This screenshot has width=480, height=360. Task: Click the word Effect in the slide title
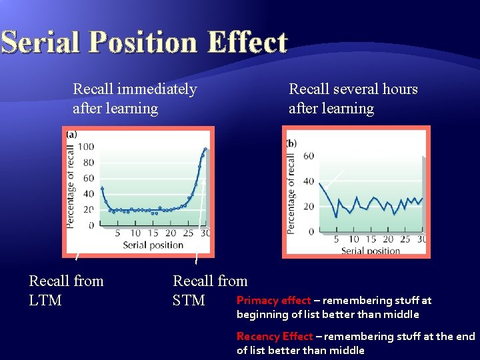247,42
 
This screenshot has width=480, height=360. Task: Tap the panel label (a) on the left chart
71,135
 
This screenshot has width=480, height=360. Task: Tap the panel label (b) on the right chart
291,143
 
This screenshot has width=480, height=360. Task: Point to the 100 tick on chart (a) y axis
87,147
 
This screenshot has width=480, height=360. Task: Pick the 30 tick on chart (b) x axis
422,239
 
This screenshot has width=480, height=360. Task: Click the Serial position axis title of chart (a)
153,245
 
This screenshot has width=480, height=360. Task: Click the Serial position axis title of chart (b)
371,251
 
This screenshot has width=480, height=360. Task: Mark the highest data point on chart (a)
205,149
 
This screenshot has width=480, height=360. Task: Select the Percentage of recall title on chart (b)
291,193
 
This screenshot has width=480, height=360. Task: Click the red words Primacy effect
273,301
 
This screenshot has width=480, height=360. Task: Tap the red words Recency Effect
275,337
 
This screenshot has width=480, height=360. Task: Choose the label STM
189,301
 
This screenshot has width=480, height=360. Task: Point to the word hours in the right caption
395,89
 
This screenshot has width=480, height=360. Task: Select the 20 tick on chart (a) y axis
89,210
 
